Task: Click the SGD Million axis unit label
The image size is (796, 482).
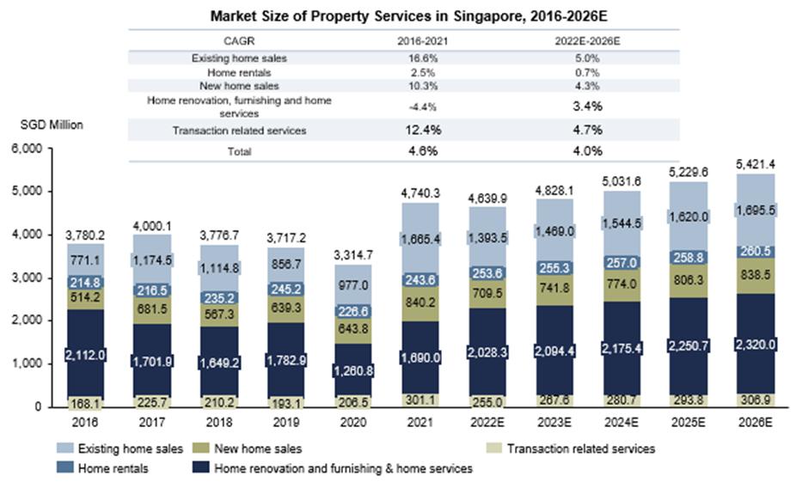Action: (x=52, y=125)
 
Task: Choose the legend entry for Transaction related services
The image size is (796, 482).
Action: (x=581, y=448)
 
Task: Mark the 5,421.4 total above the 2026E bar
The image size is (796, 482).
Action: (x=756, y=163)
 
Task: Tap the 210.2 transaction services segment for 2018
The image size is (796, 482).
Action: (x=219, y=400)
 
